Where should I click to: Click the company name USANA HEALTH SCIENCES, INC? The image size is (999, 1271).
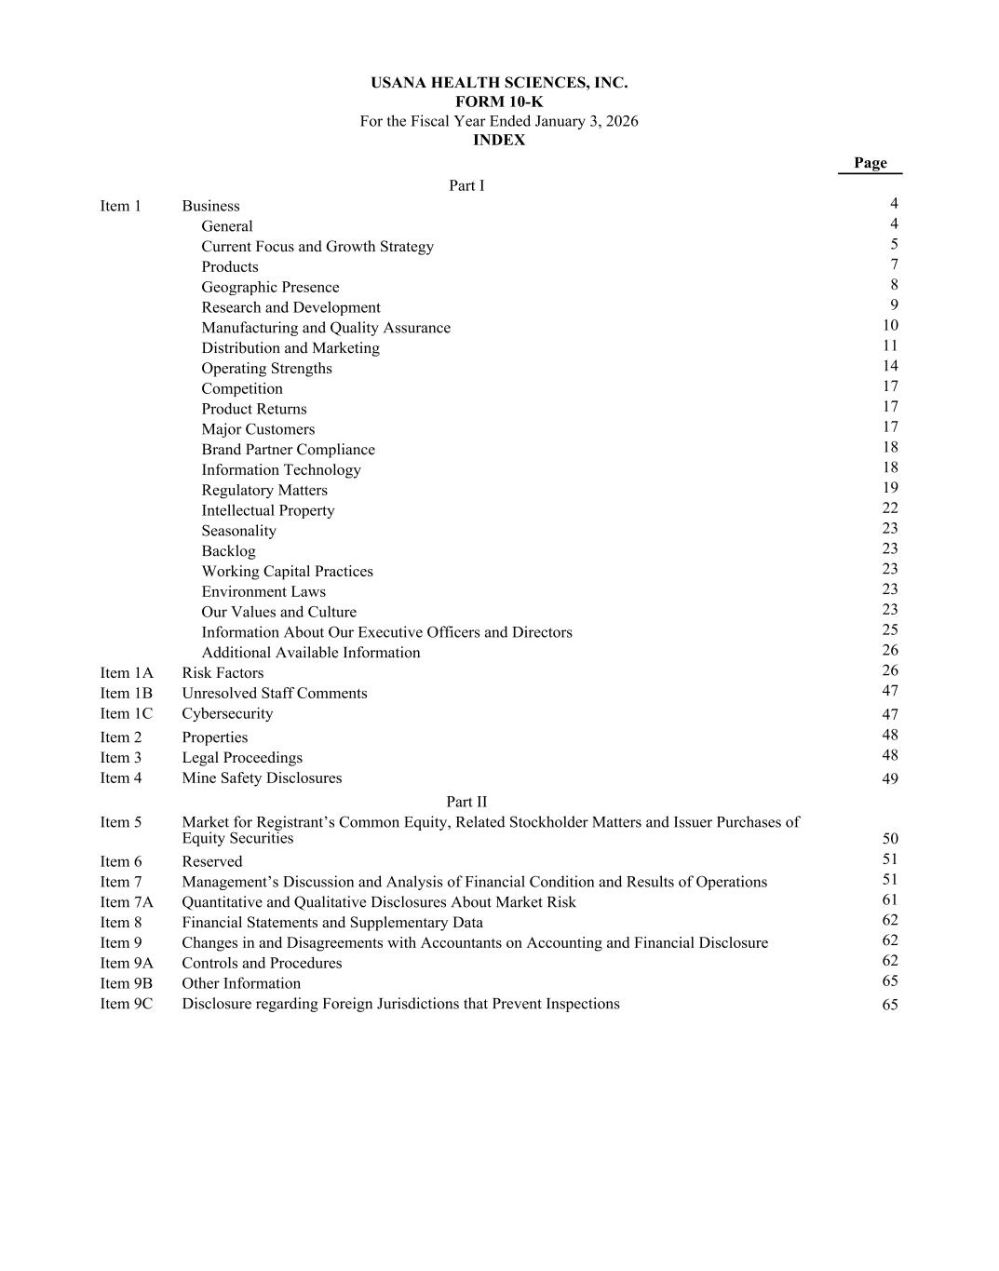499,83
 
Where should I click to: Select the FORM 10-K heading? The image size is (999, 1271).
499,102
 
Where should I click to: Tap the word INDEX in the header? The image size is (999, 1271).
499,141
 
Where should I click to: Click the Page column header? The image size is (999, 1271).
870,163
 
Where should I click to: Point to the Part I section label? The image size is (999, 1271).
466,186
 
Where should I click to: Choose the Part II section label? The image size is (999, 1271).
466,802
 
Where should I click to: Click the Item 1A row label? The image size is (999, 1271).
127,673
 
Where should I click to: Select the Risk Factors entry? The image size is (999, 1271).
223,673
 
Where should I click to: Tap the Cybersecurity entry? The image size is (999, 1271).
227,714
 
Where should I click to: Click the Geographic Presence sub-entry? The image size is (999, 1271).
270,288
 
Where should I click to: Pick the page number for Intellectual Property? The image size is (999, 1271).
890,508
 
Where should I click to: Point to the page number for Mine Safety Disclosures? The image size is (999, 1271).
890,779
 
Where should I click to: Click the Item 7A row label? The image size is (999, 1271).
127,902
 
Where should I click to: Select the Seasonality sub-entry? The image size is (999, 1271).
238,531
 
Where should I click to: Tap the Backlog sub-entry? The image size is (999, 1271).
228,551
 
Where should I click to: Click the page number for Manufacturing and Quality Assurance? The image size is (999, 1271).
890,326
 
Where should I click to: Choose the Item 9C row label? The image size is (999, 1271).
127,1004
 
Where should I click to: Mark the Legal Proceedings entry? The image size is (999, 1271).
242,758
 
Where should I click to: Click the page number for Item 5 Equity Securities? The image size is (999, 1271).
890,839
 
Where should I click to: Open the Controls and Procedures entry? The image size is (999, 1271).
262,964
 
